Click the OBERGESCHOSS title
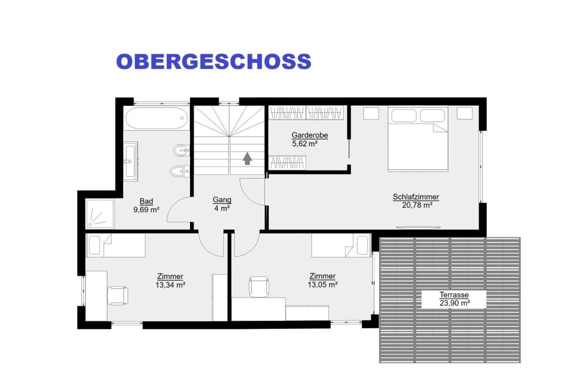tap(213, 61)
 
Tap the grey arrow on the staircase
tap(247, 158)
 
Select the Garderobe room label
tap(309, 135)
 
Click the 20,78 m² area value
tap(416, 205)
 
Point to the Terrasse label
tap(454, 295)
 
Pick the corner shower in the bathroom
tap(99, 214)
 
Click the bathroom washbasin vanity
tap(130, 160)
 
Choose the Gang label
tap(222, 200)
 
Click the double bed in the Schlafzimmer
tap(418, 139)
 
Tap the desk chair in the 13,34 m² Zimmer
tap(118, 295)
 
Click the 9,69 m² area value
tap(146, 210)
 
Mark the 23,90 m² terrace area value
tap(454, 303)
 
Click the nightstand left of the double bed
tap(371, 113)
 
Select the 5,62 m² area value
tap(304, 144)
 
